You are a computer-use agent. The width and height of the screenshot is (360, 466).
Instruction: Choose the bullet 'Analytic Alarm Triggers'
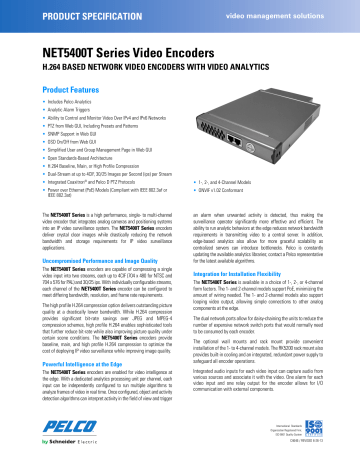57,111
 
